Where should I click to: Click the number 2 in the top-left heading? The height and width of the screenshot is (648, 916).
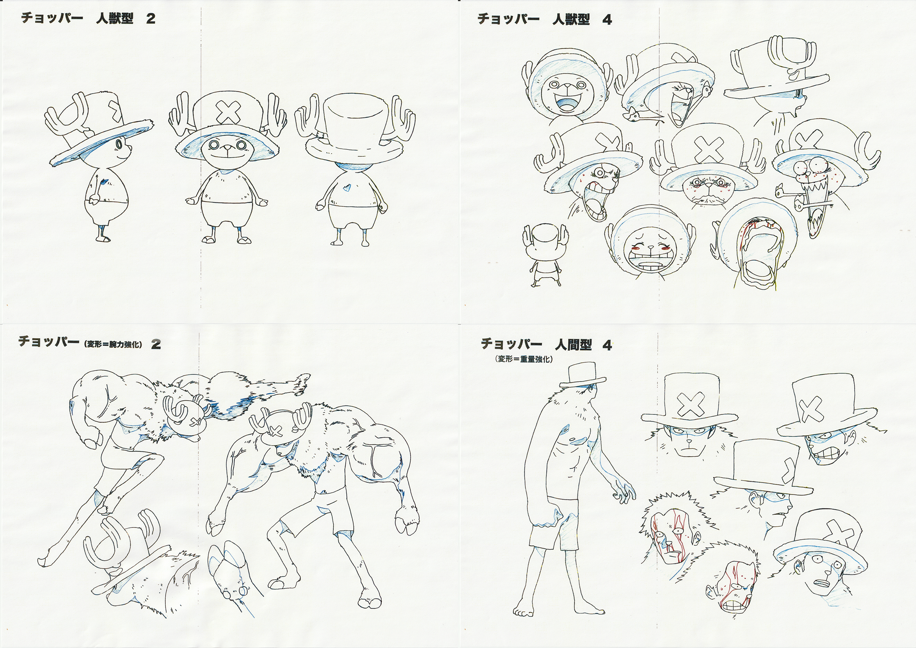pyautogui.click(x=151, y=18)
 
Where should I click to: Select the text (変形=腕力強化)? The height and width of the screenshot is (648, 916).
pyautogui.click(x=113, y=344)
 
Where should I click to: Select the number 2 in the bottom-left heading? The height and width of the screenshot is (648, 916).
pyautogui.click(x=156, y=345)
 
